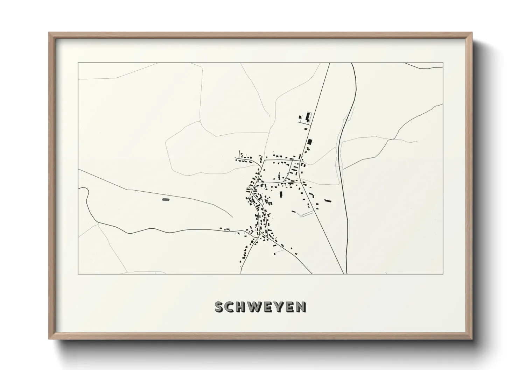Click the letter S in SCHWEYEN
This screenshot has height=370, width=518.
point(219,307)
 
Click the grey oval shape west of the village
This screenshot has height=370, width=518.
point(166,200)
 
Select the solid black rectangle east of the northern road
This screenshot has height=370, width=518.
point(309,142)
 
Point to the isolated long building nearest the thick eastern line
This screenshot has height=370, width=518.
point(328,201)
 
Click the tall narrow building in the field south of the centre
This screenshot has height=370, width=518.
point(280,194)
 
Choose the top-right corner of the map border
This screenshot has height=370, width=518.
point(443,63)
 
